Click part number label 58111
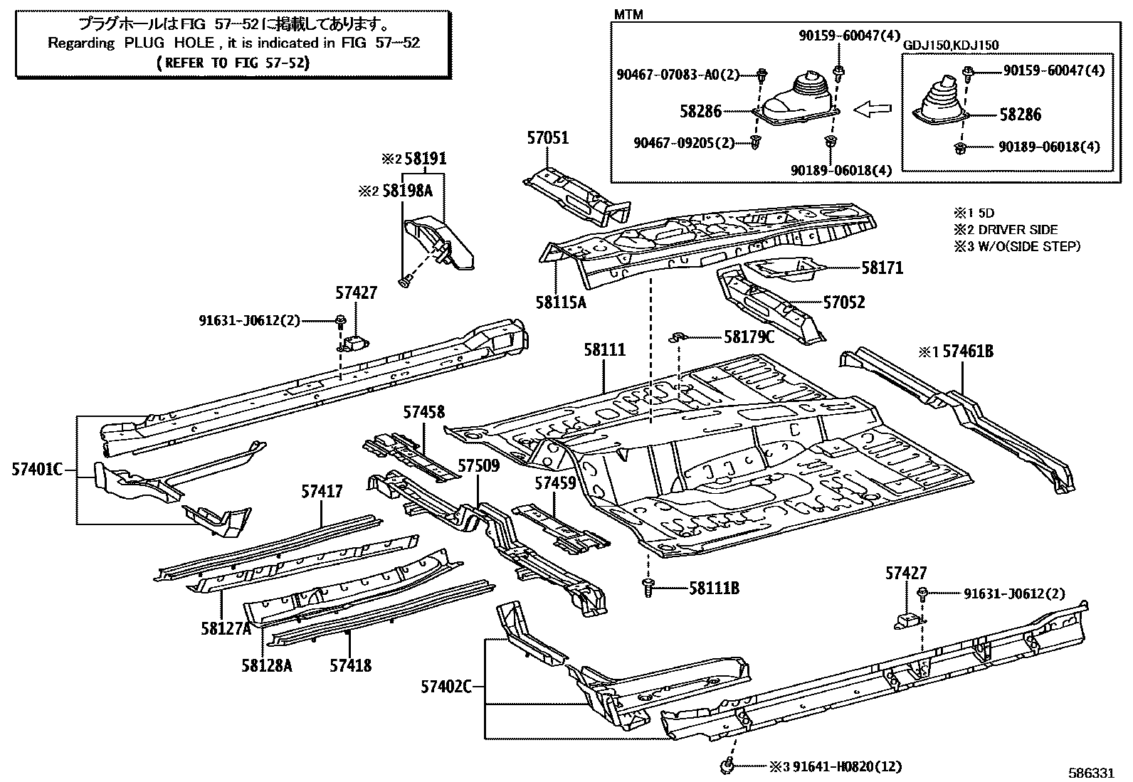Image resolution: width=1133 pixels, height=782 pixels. [x=604, y=350]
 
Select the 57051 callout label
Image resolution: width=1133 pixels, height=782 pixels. [x=548, y=138]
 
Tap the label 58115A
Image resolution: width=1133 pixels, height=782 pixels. [x=561, y=302]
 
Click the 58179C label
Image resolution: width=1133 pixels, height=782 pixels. [x=749, y=337]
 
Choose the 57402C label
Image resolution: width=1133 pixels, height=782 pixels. [x=446, y=687]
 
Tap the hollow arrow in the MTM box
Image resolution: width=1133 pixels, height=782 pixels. [x=873, y=110]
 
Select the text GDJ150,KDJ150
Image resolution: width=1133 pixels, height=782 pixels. [x=951, y=46]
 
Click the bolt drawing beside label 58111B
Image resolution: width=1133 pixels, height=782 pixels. [x=648, y=588]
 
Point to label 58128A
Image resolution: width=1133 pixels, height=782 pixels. [x=266, y=665]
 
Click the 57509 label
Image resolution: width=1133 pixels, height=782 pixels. [x=478, y=466]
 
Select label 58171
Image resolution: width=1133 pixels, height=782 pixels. [x=882, y=268]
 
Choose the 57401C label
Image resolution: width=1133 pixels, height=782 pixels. [x=37, y=469]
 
